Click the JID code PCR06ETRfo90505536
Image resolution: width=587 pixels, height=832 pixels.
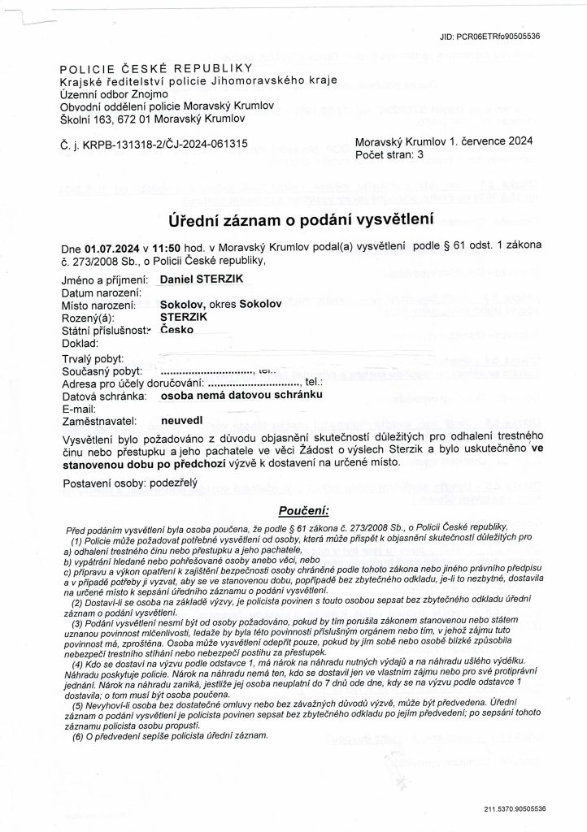point(489,37)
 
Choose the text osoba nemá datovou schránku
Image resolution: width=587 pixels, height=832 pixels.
point(242,395)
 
